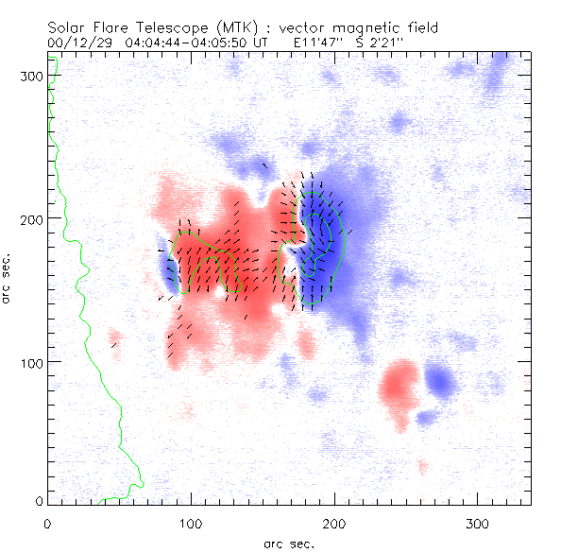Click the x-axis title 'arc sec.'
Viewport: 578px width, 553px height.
289,544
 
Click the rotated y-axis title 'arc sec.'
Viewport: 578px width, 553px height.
8,279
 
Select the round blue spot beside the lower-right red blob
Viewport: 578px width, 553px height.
440,382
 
